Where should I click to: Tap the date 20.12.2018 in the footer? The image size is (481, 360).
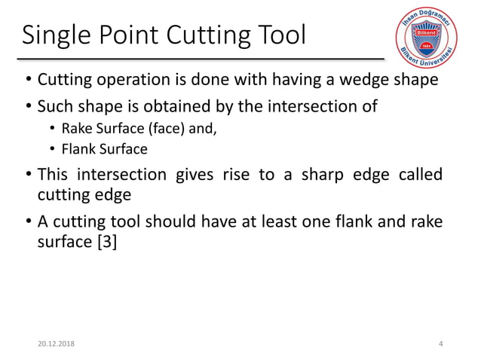tap(49, 343)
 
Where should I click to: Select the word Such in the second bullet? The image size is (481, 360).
tap(55, 105)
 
